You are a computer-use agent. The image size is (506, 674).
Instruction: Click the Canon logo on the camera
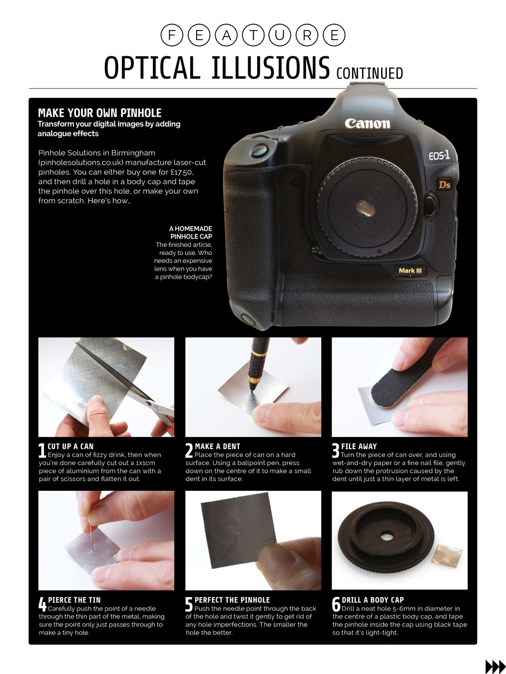point(367,124)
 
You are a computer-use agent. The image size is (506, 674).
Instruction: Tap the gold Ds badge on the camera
point(444,185)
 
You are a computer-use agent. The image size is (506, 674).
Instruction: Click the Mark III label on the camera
point(410,271)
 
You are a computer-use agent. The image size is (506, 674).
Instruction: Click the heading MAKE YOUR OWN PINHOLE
point(100,113)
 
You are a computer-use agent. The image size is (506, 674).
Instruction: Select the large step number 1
point(42,451)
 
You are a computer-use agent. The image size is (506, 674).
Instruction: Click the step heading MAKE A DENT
point(217,446)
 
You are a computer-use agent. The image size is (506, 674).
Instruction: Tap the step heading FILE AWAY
point(359,446)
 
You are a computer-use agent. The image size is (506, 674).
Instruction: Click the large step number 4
point(42,604)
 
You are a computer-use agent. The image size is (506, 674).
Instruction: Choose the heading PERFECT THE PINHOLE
point(232,600)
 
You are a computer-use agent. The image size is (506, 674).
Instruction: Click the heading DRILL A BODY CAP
point(373,600)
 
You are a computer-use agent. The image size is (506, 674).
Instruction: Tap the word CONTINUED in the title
point(369,73)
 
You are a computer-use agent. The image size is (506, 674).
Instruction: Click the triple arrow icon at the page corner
point(494,666)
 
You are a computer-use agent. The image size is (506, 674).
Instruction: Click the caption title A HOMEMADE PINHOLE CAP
point(191,233)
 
